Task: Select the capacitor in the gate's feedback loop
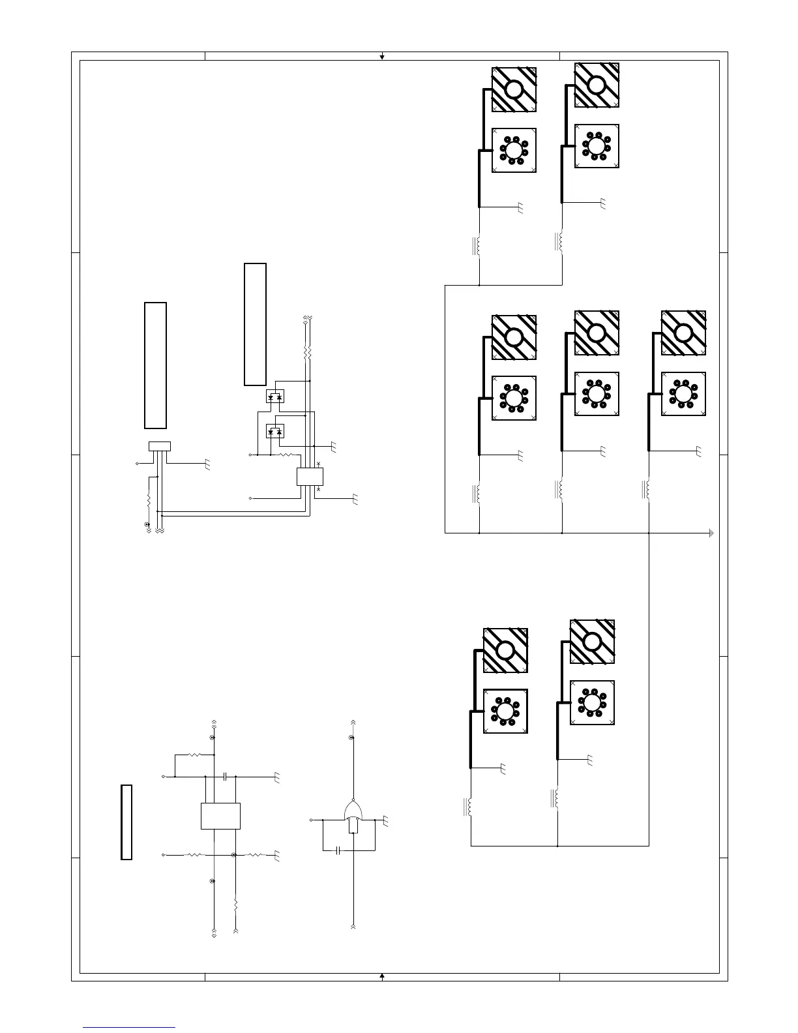(x=338, y=850)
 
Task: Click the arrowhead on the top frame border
(x=382, y=57)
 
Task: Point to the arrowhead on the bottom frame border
(x=382, y=976)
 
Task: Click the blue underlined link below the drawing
(x=129, y=1027)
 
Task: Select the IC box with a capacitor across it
(x=220, y=816)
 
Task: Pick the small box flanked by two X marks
(x=310, y=476)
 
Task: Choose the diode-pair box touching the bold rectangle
(x=275, y=396)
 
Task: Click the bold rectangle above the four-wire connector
(x=155, y=365)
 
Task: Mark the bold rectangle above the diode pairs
(x=255, y=324)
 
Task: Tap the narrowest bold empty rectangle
(x=126, y=822)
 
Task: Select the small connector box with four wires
(x=160, y=446)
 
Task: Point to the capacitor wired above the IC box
(x=224, y=777)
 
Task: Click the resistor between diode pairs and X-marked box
(x=286, y=455)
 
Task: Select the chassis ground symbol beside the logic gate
(x=386, y=822)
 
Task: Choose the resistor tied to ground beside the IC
(x=256, y=854)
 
